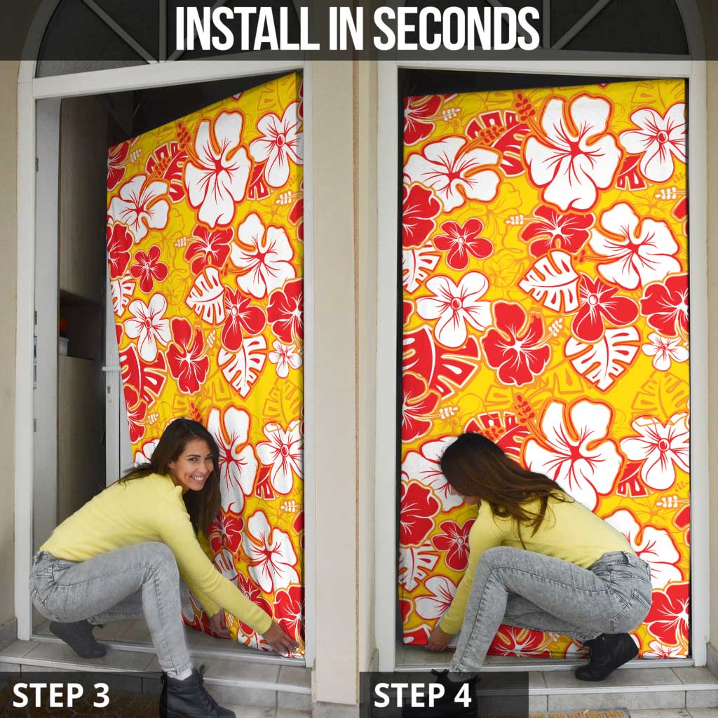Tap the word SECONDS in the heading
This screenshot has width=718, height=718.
(x=456, y=29)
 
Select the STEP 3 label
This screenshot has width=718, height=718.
(x=61, y=695)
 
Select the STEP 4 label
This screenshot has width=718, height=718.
(x=423, y=695)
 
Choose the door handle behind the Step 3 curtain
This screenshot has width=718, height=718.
(x=109, y=369)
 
